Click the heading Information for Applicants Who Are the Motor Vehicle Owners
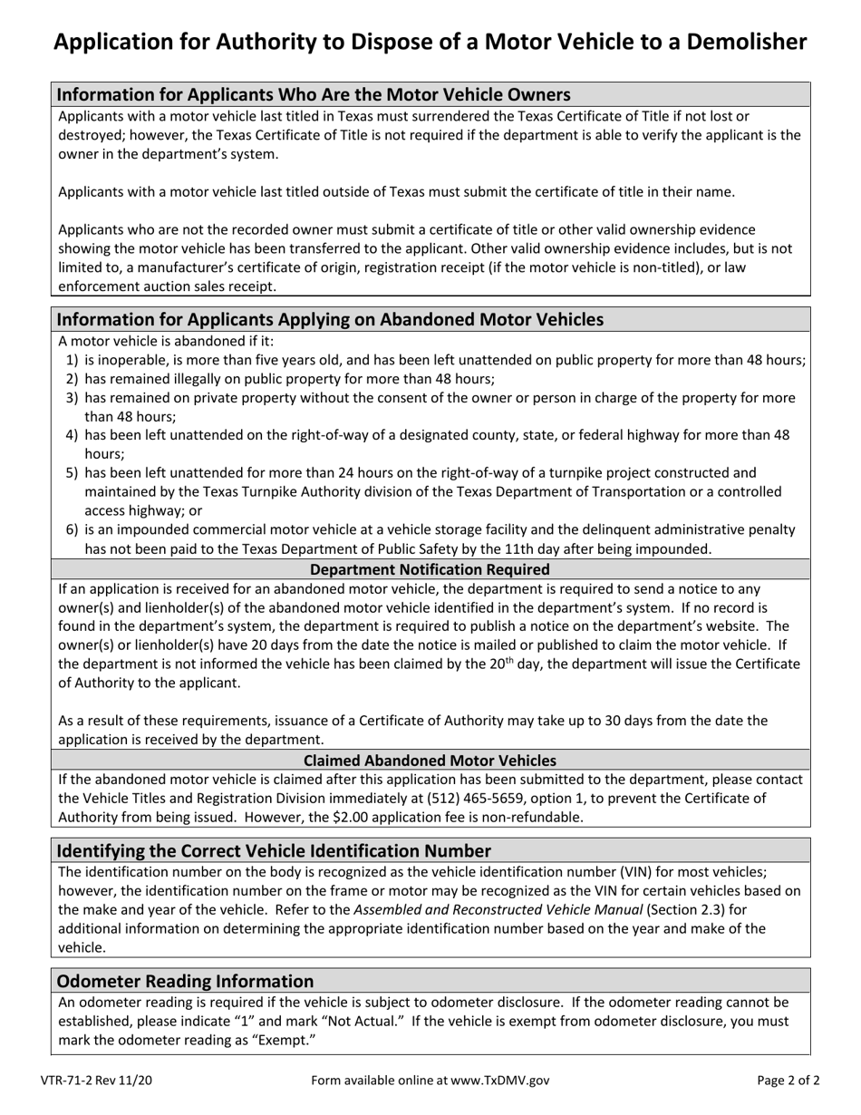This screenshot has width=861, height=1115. (x=314, y=94)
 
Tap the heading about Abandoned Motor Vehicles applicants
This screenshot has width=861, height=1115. (x=330, y=319)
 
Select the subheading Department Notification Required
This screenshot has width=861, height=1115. (x=430, y=569)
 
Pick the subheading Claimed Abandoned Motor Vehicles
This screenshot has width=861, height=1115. (x=430, y=760)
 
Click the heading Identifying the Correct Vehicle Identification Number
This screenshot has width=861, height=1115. (x=274, y=850)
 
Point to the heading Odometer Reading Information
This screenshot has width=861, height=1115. (x=185, y=981)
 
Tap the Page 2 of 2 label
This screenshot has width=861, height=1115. (x=788, y=1081)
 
